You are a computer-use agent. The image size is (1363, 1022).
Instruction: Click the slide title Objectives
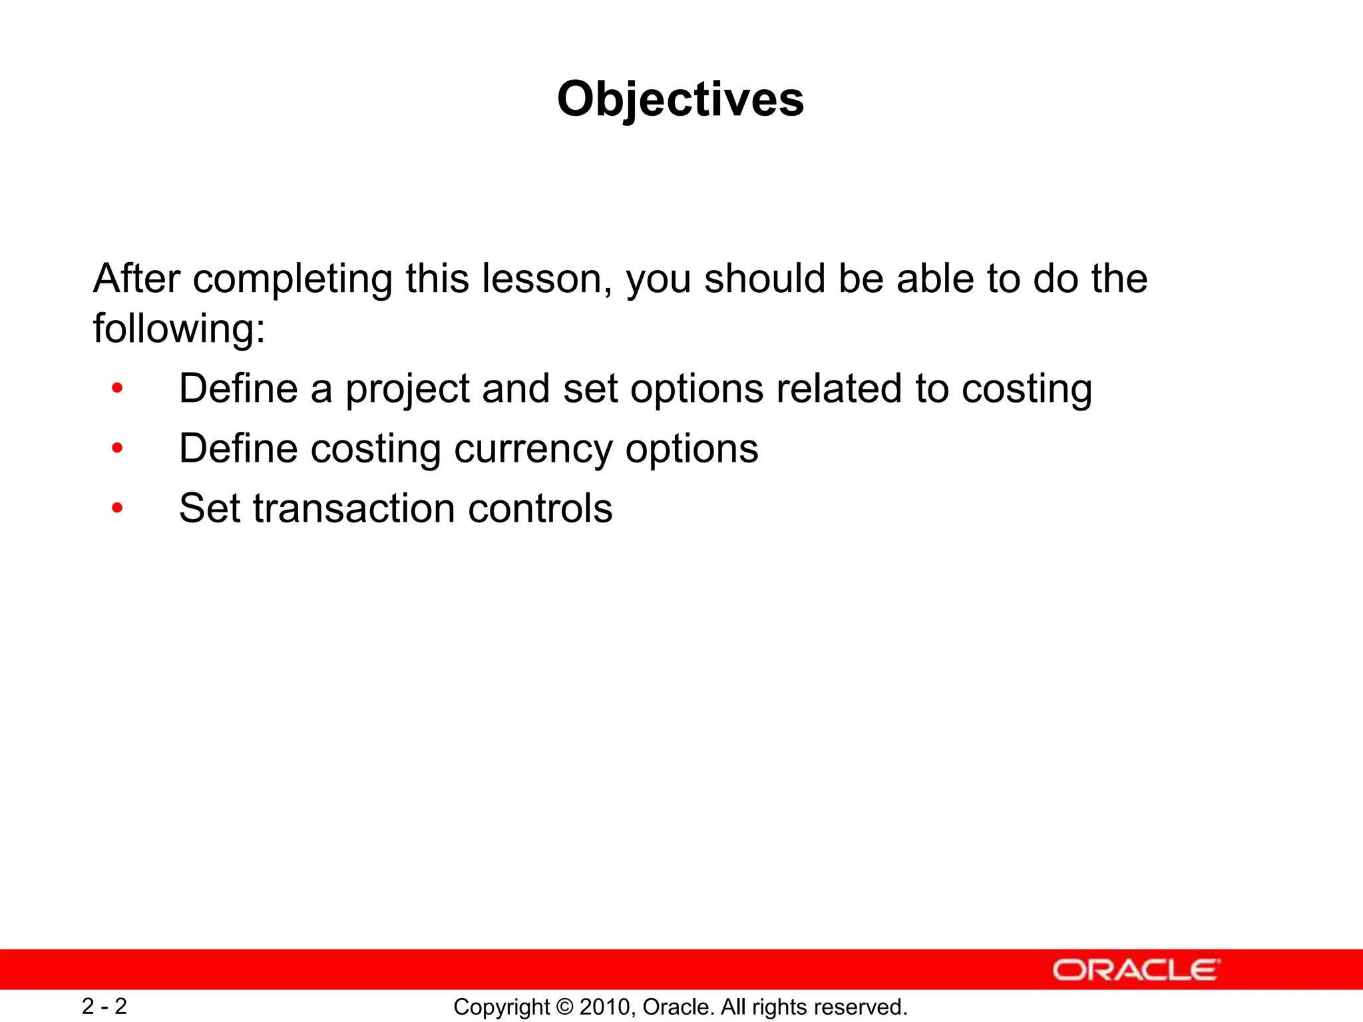pos(680,100)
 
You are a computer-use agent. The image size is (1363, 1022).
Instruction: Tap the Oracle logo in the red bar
pos(1135,969)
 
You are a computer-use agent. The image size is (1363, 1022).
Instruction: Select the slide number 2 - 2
pos(104,1006)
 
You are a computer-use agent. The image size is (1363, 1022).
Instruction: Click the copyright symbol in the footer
pos(564,1007)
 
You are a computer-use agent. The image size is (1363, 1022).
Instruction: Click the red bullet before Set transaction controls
pos(118,509)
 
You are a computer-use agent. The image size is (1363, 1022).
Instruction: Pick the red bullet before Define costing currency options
pos(118,449)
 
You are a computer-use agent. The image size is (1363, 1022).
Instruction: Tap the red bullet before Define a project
pos(118,389)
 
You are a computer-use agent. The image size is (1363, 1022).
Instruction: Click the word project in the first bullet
pos(407,390)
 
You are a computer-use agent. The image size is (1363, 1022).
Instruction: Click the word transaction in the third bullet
pos(353,509)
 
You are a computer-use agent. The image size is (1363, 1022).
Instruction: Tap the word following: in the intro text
pos(179,329)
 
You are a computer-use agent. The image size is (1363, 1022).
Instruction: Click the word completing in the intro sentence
pos(292,279)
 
